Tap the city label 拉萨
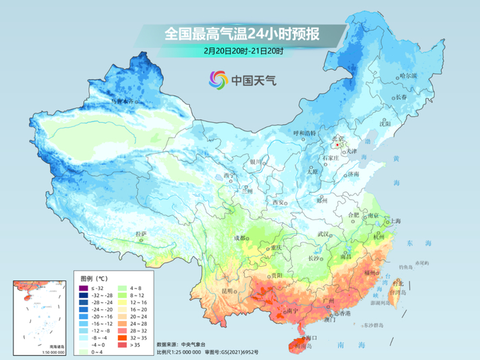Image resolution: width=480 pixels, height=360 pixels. click(x=141, y=235)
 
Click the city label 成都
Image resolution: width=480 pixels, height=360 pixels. click(x=239, y=238)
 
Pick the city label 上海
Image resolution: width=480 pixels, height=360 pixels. click(x=395, y=221)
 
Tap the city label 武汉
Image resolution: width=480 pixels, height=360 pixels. click(x=322, y=235)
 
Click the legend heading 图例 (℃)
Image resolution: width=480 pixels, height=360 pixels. click(x=94, y=278)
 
